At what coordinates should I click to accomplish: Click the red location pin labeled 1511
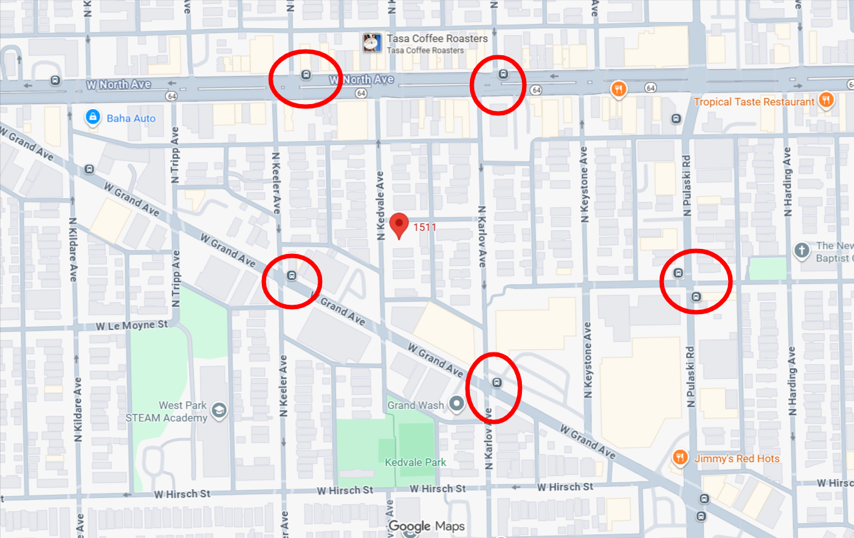tap(399, 225)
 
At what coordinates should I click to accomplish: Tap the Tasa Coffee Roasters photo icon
tap(372, 42)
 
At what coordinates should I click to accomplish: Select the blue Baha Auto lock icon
tap(93, 117)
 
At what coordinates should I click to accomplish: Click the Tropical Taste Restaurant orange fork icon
tap(826, 100)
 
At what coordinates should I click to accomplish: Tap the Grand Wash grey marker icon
tap(457, 404)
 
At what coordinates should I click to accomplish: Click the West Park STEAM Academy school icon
tap(219, 410)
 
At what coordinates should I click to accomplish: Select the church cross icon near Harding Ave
tap(801, 251)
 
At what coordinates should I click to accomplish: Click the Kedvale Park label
tap(415, 462)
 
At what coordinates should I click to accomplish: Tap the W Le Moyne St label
tap(132, 325)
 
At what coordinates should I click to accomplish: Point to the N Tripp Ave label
tap(175, 156)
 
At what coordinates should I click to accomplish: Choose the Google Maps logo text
tap(427, 525)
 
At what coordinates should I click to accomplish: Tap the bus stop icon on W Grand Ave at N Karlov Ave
tap(497, 382)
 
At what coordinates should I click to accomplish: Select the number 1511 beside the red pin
tap(425, 227)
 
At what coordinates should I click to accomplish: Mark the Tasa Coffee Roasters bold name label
tap(437, 38)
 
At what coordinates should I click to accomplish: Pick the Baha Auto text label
tap(131, 118)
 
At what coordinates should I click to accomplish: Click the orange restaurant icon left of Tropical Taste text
tap(618, 88)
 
